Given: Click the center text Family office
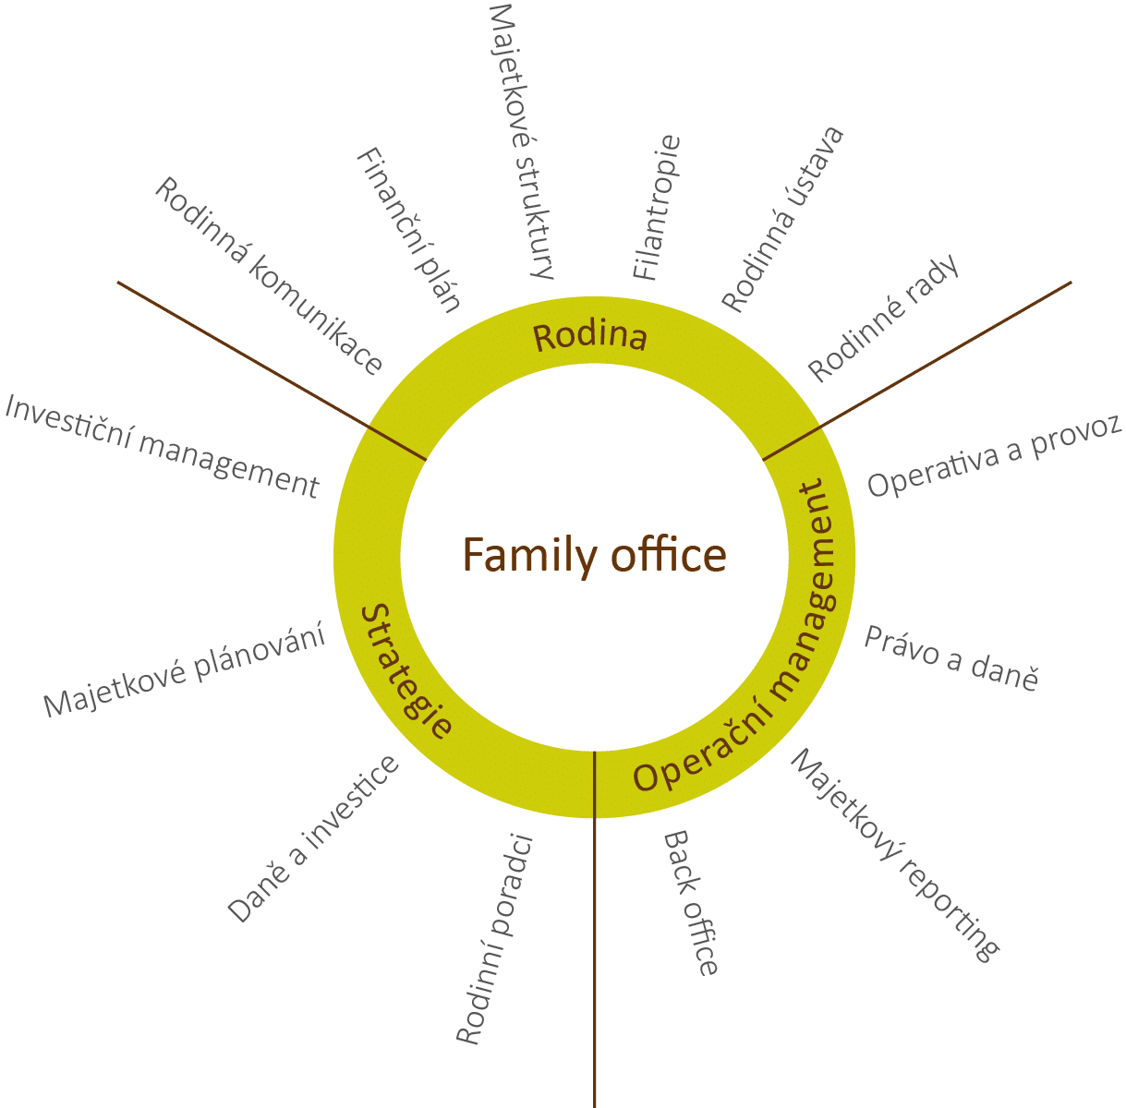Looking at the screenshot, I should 594,556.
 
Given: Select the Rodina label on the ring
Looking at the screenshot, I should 590,337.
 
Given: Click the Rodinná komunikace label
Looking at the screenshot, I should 268,276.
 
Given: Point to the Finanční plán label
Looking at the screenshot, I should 408,230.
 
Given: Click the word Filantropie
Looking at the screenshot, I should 658,208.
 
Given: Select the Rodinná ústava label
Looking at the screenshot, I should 782,220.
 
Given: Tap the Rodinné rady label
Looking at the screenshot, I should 884,317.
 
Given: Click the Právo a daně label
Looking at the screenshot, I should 951,658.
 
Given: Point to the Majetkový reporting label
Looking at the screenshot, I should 894,856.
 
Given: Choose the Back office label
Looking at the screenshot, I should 691,902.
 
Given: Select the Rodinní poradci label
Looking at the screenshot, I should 496,940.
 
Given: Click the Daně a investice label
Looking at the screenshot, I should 314,838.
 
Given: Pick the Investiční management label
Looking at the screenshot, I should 162,446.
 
